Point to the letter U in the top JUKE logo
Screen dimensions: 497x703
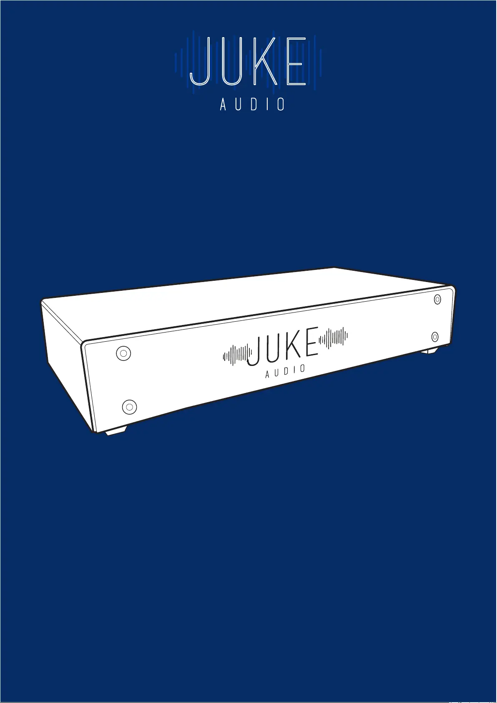tap(232, 62)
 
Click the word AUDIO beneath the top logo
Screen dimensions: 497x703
tap(252, 104)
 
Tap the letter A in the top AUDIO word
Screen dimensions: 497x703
tap(223, 104)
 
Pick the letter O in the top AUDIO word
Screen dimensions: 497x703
tap(281, 104)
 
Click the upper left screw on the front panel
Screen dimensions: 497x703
tap(123, 353)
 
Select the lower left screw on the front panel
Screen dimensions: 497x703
tap(129, 407)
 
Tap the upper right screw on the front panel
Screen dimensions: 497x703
tap(437, 300)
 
